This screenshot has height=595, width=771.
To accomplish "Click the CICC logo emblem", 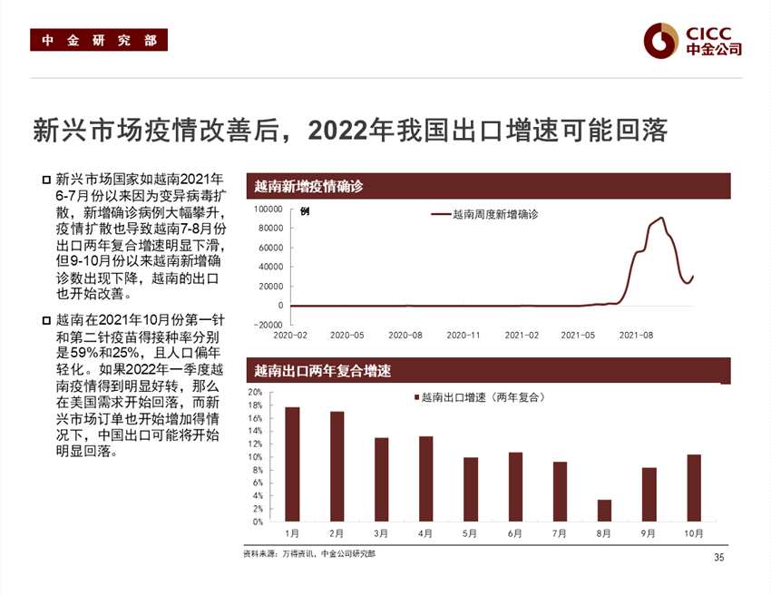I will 661,39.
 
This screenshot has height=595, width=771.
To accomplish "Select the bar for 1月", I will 292,464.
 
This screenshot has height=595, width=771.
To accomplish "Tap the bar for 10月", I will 694,488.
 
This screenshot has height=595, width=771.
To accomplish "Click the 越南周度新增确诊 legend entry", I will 484,215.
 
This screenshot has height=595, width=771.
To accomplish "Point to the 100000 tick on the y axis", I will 267,210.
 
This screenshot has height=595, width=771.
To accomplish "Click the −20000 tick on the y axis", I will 267,325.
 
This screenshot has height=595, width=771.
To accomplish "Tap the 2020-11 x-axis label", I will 464,336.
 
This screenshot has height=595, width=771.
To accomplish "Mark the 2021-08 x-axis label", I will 637,336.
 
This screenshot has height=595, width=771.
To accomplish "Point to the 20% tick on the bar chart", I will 255,392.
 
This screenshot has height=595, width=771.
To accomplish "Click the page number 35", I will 719,557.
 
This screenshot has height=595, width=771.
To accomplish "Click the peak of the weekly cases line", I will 661,218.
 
